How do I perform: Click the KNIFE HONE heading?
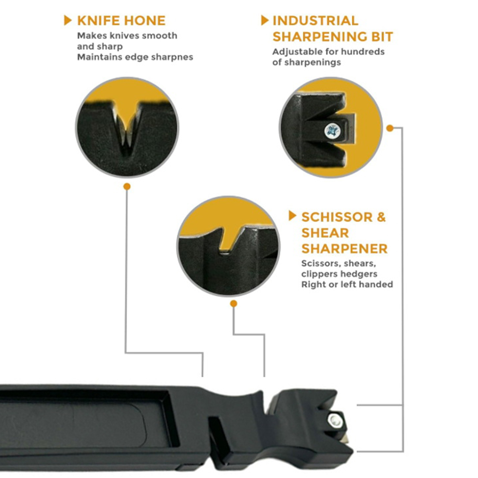pyautogui.click(x=121, y=21)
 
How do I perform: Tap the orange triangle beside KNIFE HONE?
pyautogui.click(x=68, y=20)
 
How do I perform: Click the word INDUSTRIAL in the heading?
pyautogui.click(x=315, y=21)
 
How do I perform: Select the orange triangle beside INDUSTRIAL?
pyautogui.click(x=265, y=20)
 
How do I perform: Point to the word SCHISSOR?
pyautogui.click(x=337, y=217)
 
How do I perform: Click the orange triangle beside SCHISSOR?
pyautogui.click(x=292, y=216)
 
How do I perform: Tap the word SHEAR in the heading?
pyautogui.click(x=325, y=233)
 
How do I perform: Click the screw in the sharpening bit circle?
pyautogui.click(x=333, y=131)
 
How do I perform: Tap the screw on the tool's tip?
pyautogui.click(x=335, y=421)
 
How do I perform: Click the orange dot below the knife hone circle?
pyautogui.click(x=127, y=187)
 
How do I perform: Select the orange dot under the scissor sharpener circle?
pyautogui.click(x=234, y=304)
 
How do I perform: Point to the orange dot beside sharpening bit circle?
pyautogui.click(x=390, y=128)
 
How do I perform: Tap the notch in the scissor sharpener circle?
pyautogui.click(x=229, y=239)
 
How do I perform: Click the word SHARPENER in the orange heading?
pyautogui.click(x=344, y=249)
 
